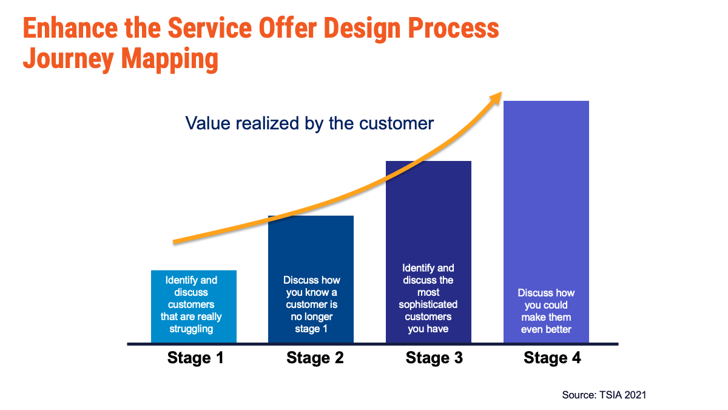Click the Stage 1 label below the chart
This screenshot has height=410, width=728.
tap(195, 358)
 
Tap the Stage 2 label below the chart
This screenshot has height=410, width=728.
tap(315, 358)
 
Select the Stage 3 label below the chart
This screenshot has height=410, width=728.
tap(434, 358)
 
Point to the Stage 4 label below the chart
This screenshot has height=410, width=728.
tap(552, 358)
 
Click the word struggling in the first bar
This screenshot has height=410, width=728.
tap(191, 329)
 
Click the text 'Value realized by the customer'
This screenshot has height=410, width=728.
tap(309, 123)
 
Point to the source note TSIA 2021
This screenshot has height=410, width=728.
tap(604, 395)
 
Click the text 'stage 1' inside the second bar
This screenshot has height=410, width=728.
tap(311, 329)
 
